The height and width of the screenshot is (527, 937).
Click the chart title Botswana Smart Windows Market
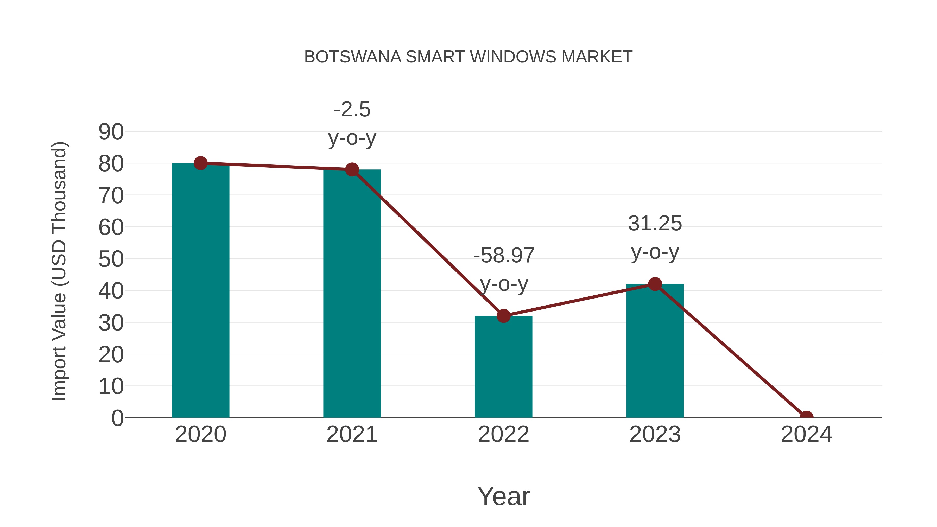468,57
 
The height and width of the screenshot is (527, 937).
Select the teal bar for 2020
200,291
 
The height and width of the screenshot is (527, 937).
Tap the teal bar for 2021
352,295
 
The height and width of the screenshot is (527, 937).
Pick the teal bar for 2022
503,367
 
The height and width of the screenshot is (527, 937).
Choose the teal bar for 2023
655,351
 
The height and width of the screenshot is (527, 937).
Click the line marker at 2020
200,163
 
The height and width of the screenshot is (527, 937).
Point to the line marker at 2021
352,169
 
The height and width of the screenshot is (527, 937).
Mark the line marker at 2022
503,316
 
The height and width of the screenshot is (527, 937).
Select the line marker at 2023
655,284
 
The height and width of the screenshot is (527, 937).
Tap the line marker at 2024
806,417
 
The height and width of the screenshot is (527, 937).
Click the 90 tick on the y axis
111,132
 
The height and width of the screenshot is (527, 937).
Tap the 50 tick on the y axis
111,259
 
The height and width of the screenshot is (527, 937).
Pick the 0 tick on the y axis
117,418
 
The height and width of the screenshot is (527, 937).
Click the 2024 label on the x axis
806,434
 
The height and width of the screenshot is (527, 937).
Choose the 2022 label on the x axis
503,434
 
